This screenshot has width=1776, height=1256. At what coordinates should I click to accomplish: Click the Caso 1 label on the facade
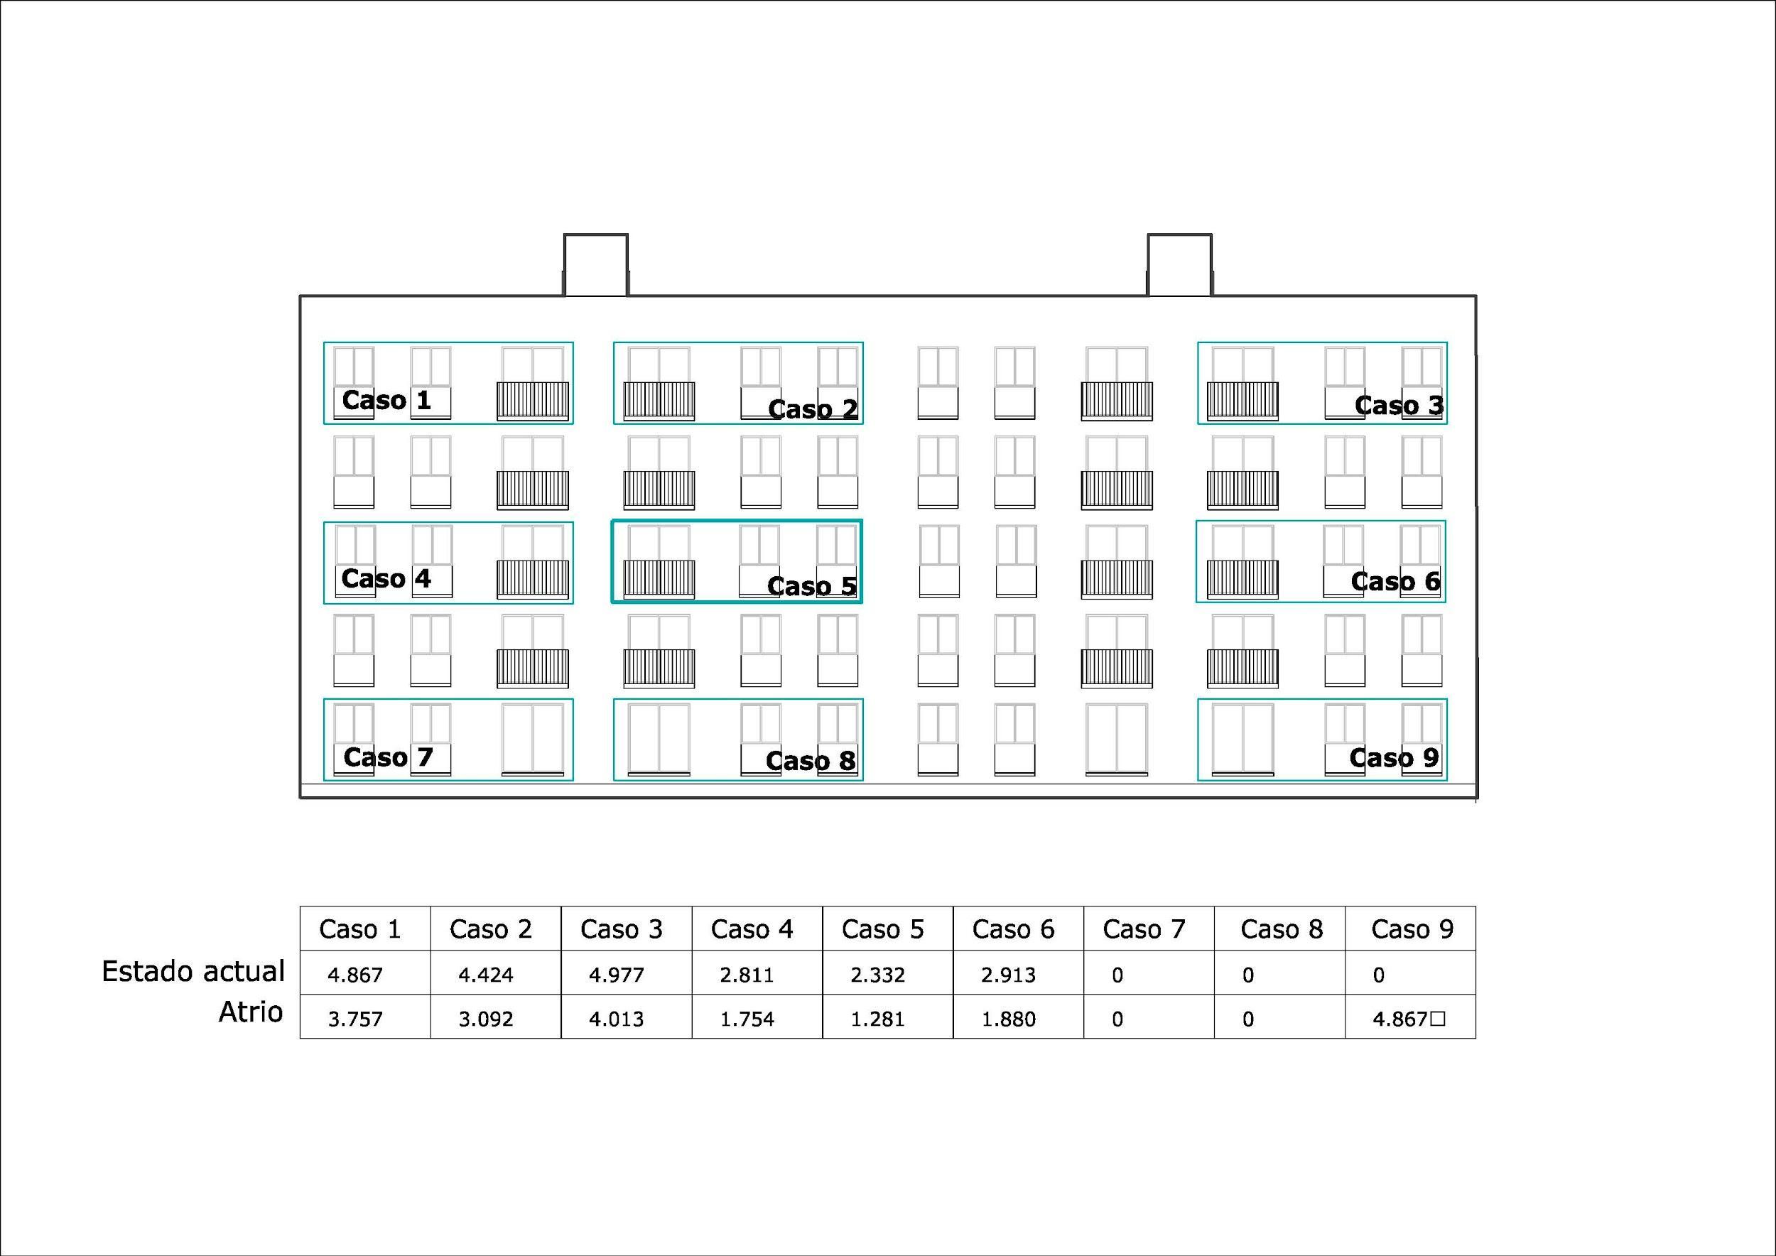tap(386, 401)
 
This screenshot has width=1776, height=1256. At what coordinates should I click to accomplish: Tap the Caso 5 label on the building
tap(811, 587)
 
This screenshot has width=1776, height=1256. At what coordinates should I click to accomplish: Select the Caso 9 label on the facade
tap(1394, 759)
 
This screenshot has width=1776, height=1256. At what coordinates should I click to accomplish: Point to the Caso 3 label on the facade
tap(1399, 405)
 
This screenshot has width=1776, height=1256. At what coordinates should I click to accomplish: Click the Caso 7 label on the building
tap(388, 758)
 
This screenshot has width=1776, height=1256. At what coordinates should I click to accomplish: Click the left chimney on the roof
tap(595, 264)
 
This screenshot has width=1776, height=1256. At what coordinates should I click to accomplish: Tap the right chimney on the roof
tap(1179, 264)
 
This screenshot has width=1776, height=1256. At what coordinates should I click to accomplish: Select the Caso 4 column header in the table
tap(752, 929)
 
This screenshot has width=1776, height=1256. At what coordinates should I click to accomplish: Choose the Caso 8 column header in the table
tap(1281, 929)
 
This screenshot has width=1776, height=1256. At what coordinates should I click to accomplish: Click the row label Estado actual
tap(193, 971)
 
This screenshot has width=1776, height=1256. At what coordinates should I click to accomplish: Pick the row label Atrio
tap(251, 1012)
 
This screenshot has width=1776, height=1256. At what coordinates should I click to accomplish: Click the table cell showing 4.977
tap(616, 975)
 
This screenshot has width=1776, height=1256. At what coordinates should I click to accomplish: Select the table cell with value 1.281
tap(877, 1019)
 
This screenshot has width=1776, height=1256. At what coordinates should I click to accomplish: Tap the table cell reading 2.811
tap(747, 975)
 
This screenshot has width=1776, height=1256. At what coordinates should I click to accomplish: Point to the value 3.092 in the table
tap(486, 1019)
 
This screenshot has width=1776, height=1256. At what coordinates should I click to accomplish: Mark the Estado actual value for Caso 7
tap(1117, 975)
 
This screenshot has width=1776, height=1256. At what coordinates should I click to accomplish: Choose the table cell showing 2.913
tap(1008, 975)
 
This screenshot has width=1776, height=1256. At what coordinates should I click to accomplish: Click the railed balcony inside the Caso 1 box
tap(532, 401)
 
